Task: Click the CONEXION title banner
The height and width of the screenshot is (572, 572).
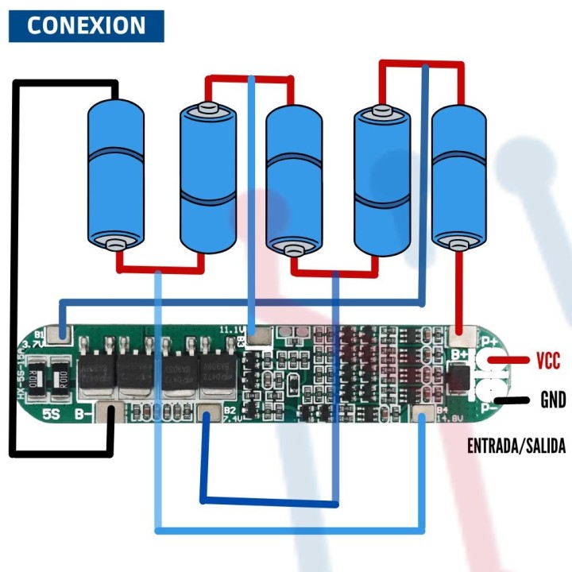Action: [86, 25]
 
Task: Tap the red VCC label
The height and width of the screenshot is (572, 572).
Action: [548, 361]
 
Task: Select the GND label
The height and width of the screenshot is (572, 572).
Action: [552, 400]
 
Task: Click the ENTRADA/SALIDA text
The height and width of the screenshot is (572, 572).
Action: [516, 446]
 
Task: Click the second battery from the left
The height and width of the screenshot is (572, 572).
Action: [207, 179]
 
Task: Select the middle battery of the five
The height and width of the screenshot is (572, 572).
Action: [293, 179]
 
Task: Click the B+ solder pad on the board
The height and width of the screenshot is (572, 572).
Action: [459, 335]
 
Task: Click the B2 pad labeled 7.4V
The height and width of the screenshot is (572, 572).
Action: [208, 413]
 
